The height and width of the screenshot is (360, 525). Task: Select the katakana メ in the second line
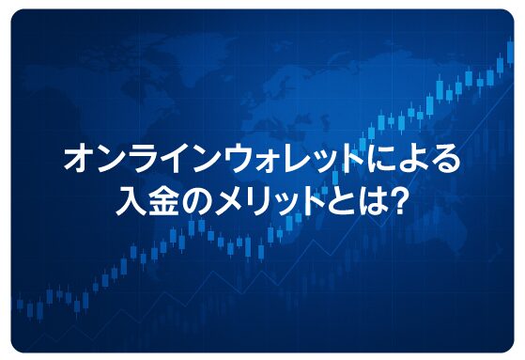point(220,199)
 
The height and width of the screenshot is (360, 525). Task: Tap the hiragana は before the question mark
point(362,199)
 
